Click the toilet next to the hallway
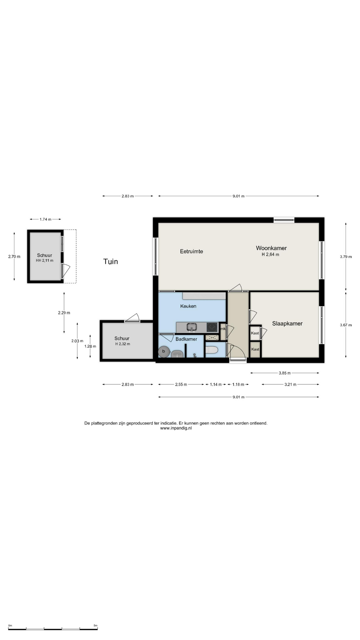point(212,350)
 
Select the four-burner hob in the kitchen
point(212,327)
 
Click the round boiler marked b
point(164,351)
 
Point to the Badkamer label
point(186,339)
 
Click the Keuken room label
point(188,306)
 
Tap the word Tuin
point(111,261)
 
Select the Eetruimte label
point(191,251)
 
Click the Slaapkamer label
point(287,323)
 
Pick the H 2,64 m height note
point(270,254)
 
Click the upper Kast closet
point(255,333)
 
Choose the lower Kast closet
point(255,349)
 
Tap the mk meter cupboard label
point(223,329)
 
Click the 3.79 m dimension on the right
point(346,257)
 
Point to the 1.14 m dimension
point(216,384)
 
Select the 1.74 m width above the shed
point(45,219)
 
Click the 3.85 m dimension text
point(285,373)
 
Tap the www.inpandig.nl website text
point(176,428)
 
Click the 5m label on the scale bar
point(95,626)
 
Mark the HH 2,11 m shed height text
point(45,261)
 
